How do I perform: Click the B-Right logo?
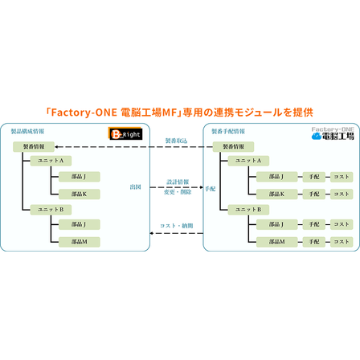pos(126,136)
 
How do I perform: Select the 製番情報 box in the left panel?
pos(34,146)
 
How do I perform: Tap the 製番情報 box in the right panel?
pos(233,146)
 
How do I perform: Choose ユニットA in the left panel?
pos(51,161)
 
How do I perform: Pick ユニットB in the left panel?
pos(51,209)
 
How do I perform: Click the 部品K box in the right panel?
pos(276,194)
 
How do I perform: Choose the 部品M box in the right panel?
pos(276,241)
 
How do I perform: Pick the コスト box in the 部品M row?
pos(342,241)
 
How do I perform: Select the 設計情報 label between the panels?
pos(178,182)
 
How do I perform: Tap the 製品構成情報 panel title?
pos(27,129)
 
